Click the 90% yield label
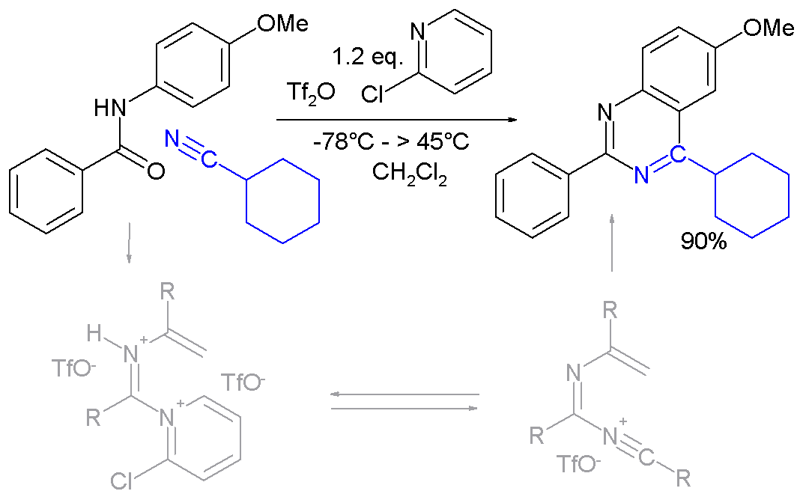703,242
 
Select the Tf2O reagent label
311,93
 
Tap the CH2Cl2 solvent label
409,173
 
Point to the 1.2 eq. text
368,57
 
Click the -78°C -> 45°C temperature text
390,141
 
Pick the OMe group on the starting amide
282,23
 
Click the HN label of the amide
110,107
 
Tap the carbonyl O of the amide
156,171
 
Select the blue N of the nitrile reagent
172,138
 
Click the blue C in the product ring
677,153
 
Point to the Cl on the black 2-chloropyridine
372,94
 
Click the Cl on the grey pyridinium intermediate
121,481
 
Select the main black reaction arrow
396,121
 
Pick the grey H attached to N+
94,334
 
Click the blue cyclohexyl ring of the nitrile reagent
283,201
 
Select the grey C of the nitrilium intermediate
646,459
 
